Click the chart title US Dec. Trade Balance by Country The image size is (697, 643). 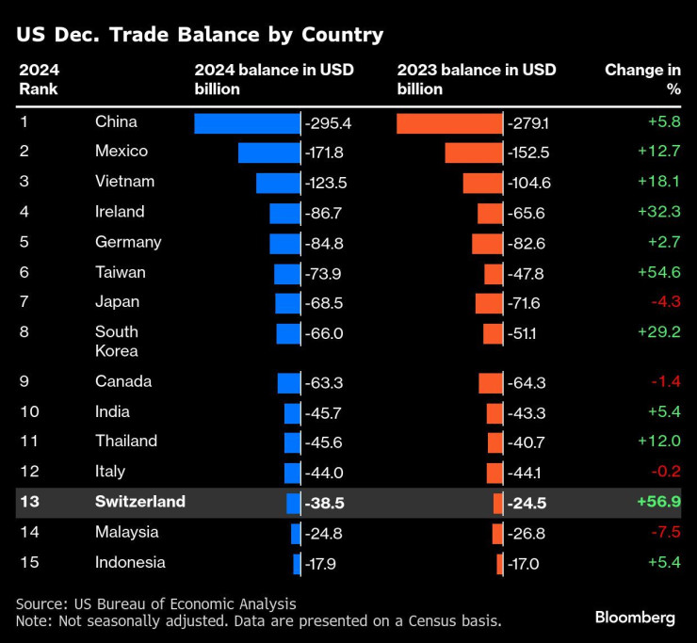(x=200, y=36)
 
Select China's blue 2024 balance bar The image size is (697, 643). (x=247, y=123)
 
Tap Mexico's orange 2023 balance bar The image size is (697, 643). (x=474, y=153)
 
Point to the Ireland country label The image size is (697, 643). (x=120, y=212)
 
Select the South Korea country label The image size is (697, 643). (x=117, y=341)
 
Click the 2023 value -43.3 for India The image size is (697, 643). (x=527, y=412)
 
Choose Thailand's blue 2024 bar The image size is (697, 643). (x=292, y=442)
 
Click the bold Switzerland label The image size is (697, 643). (x=140, y=502)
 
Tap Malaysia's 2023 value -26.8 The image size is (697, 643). (x=527, y=533)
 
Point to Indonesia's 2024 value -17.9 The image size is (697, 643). (x=324, y=563)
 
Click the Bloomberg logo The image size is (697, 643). (x=635, y=618)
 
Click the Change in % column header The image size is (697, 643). (x=642, y=79)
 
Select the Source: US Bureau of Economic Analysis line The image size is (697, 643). (x=156, y=603)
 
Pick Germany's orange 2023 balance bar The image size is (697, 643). (x=487, y=243)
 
